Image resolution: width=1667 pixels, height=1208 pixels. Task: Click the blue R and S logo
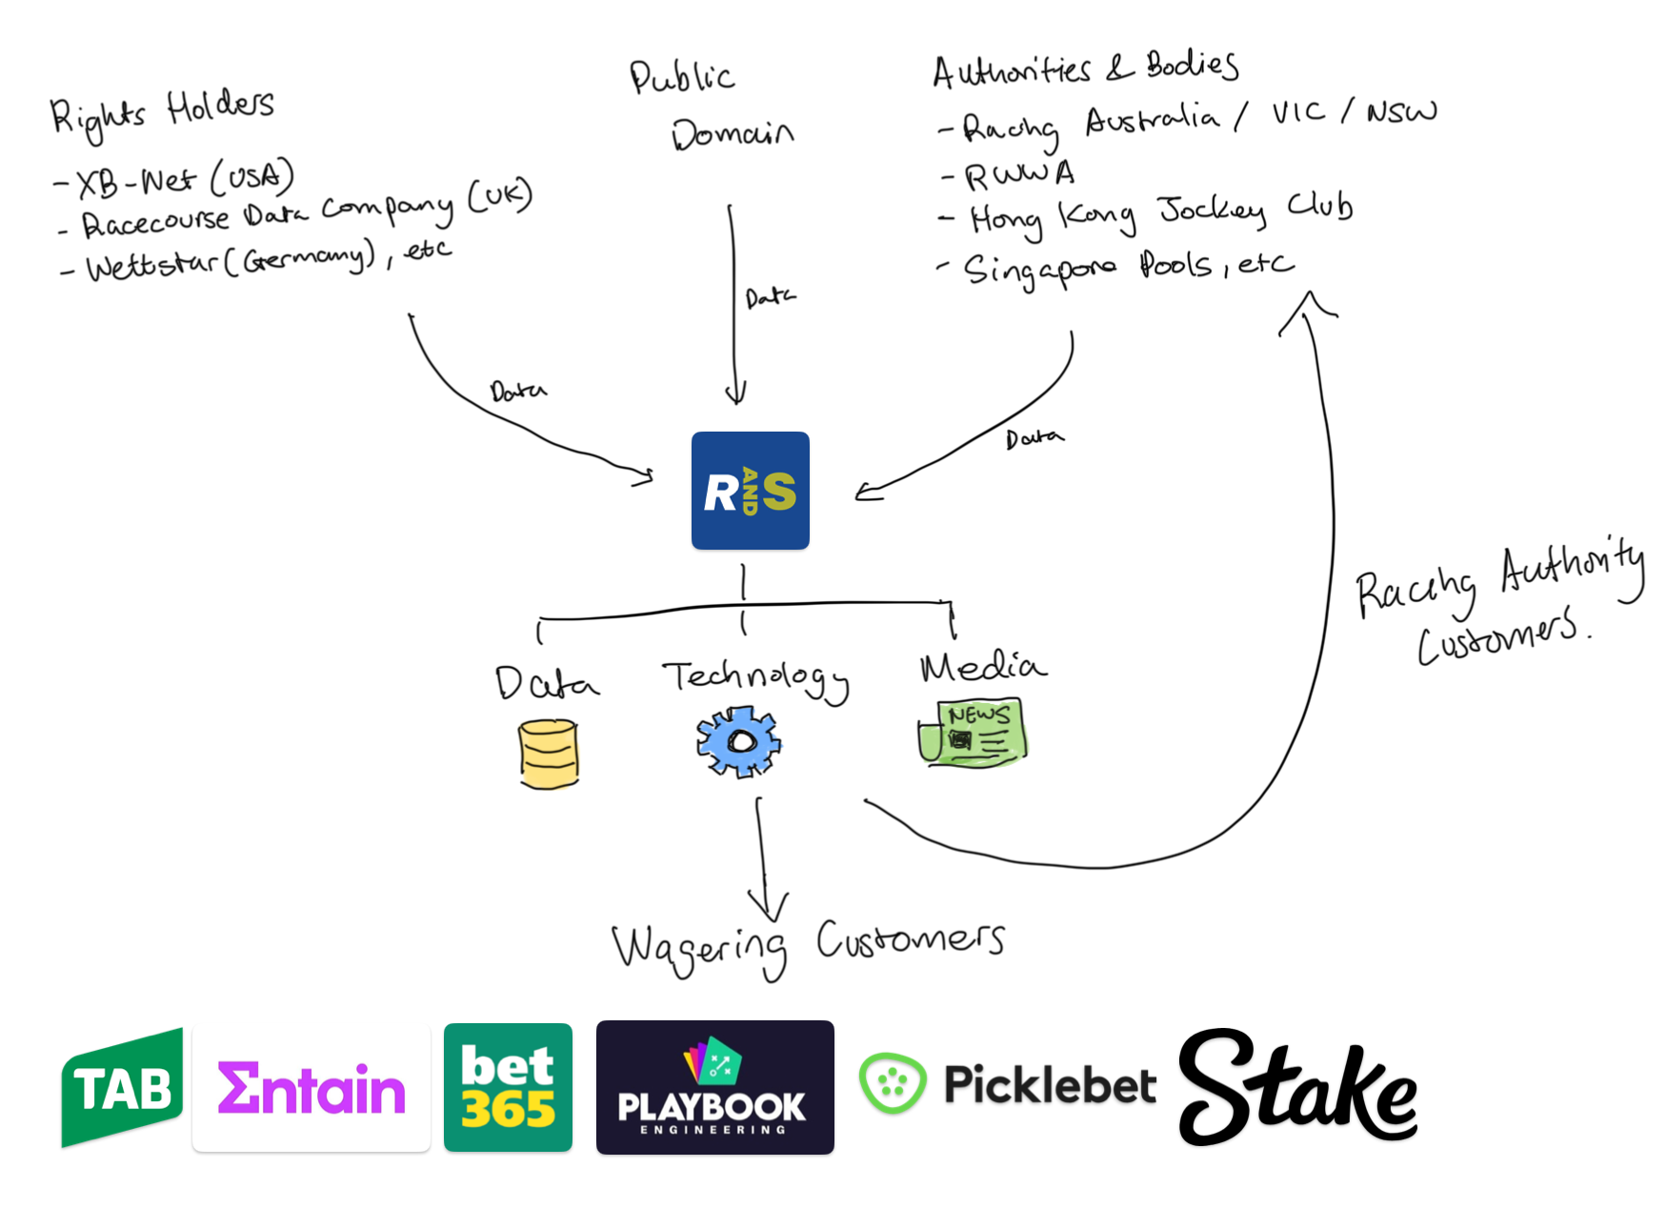(750, 491)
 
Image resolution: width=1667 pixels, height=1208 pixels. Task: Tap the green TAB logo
(122, 1088)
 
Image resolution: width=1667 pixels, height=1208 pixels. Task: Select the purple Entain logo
(311, 1088)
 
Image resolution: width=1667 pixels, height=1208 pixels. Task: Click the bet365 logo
(508, 1088)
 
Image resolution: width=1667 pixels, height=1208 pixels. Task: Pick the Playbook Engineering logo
(714, 1088)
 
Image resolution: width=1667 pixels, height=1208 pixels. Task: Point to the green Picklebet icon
(892, 1083)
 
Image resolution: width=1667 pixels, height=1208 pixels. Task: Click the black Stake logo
(1297, 1088)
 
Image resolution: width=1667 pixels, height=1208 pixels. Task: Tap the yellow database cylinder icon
(549, 754)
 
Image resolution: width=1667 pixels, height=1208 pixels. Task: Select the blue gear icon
(738, 741)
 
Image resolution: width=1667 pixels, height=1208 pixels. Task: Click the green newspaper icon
(973, 733)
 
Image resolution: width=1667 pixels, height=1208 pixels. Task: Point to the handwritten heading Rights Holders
(162, 112)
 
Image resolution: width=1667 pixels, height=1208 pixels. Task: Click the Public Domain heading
(710, 105)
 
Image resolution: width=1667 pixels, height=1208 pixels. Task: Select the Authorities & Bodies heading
(1086, 69)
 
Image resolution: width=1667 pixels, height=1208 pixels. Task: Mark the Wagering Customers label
(808, 946)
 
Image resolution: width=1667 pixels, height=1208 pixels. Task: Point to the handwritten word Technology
(755, 678)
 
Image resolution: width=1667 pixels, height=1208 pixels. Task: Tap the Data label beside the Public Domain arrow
(770, 298)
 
